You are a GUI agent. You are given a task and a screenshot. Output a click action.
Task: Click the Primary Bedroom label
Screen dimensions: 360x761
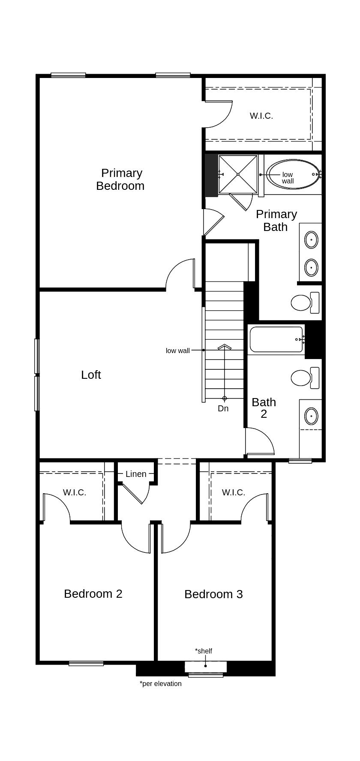pos(120,179)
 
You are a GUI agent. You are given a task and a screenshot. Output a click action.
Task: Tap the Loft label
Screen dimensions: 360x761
pos(91,375)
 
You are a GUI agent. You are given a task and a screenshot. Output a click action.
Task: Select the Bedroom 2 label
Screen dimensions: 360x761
pos(93,593)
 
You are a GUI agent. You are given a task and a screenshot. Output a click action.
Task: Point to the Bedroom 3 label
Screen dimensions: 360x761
pos(213,594)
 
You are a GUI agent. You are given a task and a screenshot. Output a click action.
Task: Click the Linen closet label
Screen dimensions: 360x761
pos(136,474)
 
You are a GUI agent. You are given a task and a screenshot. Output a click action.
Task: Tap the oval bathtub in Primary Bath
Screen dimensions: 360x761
pos(294,174)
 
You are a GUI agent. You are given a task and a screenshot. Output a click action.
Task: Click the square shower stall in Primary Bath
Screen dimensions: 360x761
pos(238,174)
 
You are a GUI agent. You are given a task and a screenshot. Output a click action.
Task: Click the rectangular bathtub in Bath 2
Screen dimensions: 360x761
pos(276,339)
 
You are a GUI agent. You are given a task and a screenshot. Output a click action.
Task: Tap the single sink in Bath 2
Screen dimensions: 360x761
pos(311,416)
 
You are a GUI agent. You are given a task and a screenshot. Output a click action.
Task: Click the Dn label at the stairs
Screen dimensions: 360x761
pos(223,408)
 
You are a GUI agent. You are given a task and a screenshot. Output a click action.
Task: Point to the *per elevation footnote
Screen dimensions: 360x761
pos(160,683)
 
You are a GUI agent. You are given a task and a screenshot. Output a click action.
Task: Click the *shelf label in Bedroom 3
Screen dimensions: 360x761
pos(204,651)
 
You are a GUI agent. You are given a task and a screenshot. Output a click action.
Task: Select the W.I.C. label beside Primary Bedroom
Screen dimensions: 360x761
pos(261,116)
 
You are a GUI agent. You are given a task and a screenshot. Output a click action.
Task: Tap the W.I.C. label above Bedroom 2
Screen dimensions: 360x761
pos(75,492)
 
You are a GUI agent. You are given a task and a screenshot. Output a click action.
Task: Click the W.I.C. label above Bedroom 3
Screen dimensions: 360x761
pos(234,492)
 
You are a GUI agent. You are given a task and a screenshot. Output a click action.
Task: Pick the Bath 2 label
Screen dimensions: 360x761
pos(264,408)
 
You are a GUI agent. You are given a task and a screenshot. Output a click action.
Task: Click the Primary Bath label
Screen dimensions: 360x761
pos(276,220)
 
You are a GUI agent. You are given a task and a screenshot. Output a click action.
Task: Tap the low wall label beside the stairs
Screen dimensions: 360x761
pos(177,351)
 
